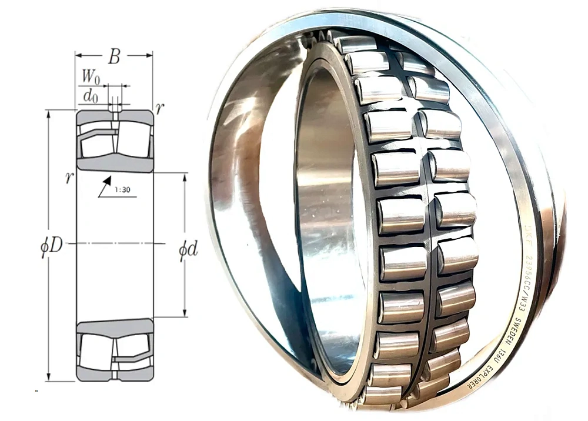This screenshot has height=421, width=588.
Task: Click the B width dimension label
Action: pos(114,57)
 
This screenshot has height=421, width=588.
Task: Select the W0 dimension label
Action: pos(90,76)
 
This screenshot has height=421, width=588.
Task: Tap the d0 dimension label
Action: pos(90,96)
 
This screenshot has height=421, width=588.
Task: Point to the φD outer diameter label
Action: pos(50,245)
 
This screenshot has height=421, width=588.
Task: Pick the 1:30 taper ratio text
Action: pos(123,190)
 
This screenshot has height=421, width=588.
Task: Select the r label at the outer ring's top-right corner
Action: pos(159,108)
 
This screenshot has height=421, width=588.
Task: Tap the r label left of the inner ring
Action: pos(69,178)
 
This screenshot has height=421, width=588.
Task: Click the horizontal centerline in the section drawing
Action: pos(115,243)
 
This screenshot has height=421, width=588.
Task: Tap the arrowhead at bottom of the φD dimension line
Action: pos(48,377)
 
